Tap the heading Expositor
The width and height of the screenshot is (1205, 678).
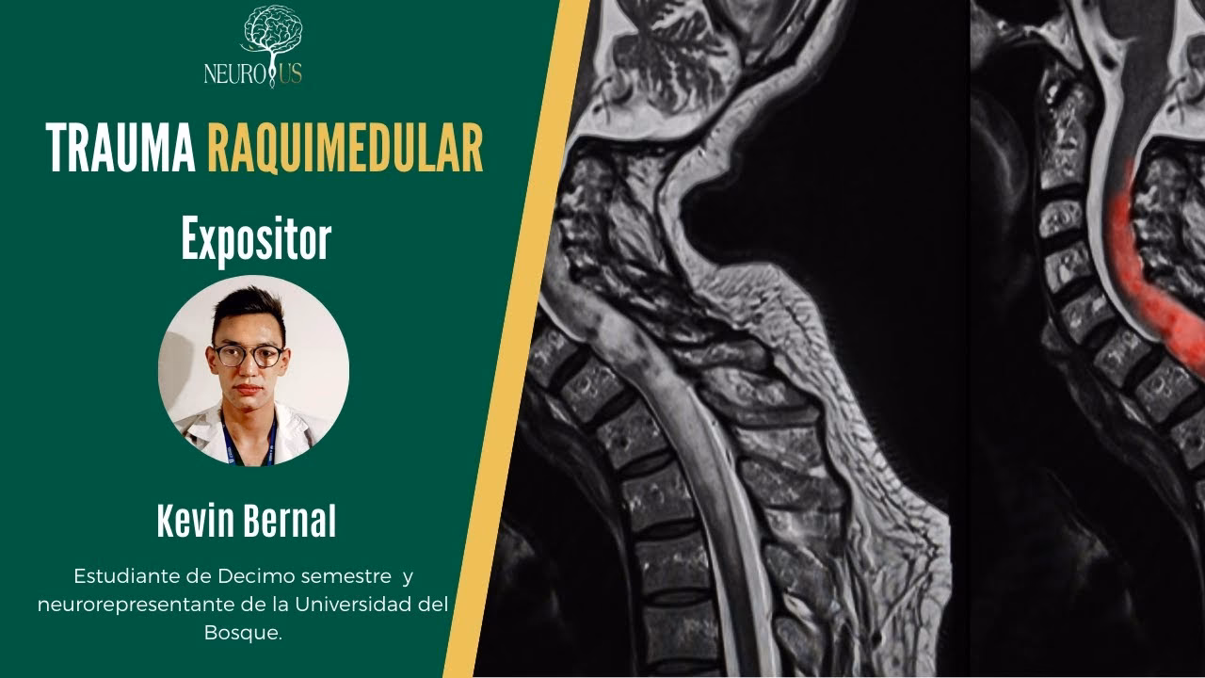point(256,238)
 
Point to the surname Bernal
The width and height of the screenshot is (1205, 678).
point(294,521)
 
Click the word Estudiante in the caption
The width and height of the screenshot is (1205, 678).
point(121,574)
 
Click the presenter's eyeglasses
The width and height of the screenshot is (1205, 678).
point(248,356)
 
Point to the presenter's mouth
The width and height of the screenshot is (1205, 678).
point(249,389)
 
